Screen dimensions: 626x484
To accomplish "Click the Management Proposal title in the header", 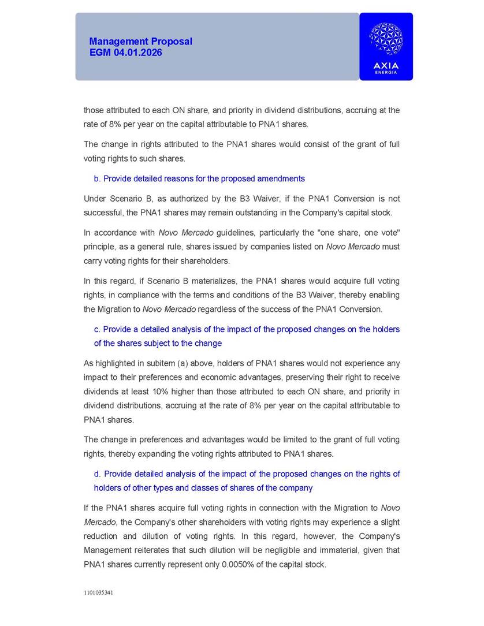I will pyautogui.click(x=140, y=42).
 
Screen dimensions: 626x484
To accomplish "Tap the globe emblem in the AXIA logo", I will pyautogui.click(x=386, y=39).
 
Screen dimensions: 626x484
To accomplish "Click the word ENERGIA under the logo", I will pyautogui.click(x=386, y=72).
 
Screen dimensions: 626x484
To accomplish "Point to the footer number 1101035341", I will pyautogui.click(x=99, y=593).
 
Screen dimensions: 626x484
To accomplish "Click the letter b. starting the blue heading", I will pyautogui.click(x=97, y=178).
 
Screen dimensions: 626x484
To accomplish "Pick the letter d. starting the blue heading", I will pyautogui.click(x=97, y=474).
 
